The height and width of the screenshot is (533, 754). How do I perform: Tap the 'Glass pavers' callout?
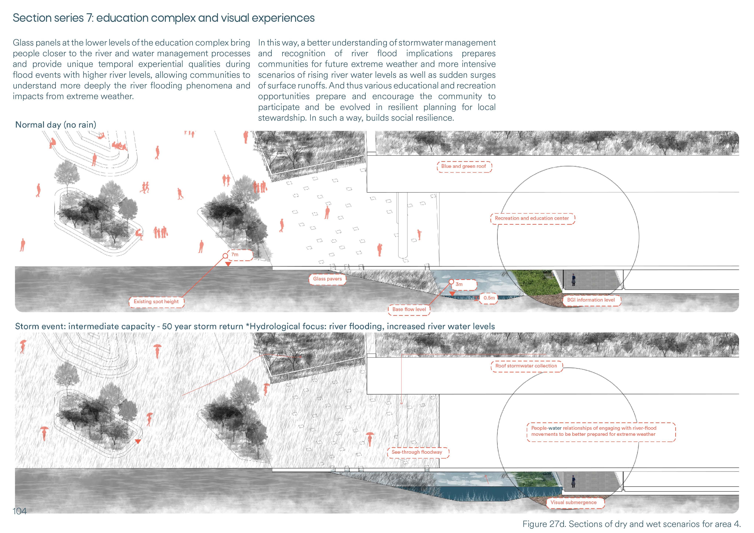327,279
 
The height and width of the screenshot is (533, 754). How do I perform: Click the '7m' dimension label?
235,255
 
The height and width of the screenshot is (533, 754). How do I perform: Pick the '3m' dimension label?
459,284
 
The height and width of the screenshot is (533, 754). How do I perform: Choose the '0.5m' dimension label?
489,298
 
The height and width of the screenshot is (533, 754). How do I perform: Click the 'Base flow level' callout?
409,309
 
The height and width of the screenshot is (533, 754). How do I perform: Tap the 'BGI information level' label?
591,300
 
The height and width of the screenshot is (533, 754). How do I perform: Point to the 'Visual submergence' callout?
573,502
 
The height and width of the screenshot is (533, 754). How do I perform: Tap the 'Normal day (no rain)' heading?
56,125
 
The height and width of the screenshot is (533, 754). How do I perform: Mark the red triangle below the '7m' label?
228,264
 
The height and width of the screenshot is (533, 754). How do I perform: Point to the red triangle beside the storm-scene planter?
138,442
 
